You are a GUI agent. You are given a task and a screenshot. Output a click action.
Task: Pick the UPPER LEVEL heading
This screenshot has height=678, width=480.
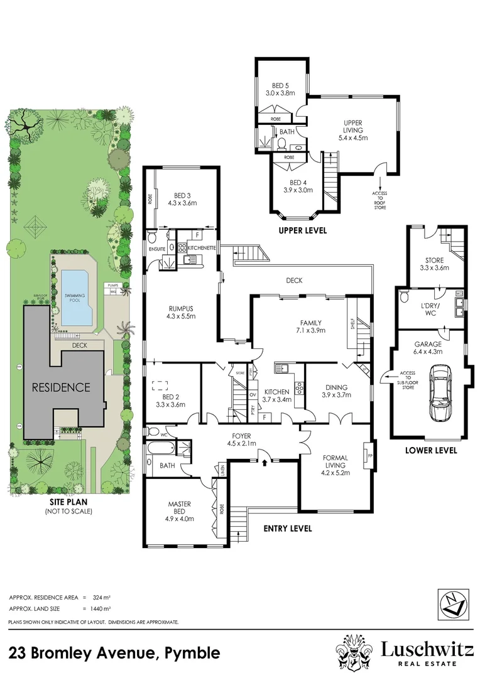pyautogui.click(x=303, y=230)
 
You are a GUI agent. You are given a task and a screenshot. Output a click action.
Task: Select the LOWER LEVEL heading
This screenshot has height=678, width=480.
pyautogui.click(x=431, y=450)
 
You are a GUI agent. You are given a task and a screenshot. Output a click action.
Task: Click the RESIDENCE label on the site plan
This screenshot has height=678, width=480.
pyautogui.click(x=62, y=387)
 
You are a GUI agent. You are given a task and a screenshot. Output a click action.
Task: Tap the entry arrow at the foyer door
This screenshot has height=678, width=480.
pyautogui.click(x=264, y=463)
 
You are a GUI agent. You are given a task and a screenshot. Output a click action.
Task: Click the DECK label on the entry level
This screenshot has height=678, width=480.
pyautogui.click(x=295, y=281)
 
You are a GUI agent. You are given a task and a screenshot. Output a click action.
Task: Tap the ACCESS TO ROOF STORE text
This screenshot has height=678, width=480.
pyautogui.click(x=379, y=199)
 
